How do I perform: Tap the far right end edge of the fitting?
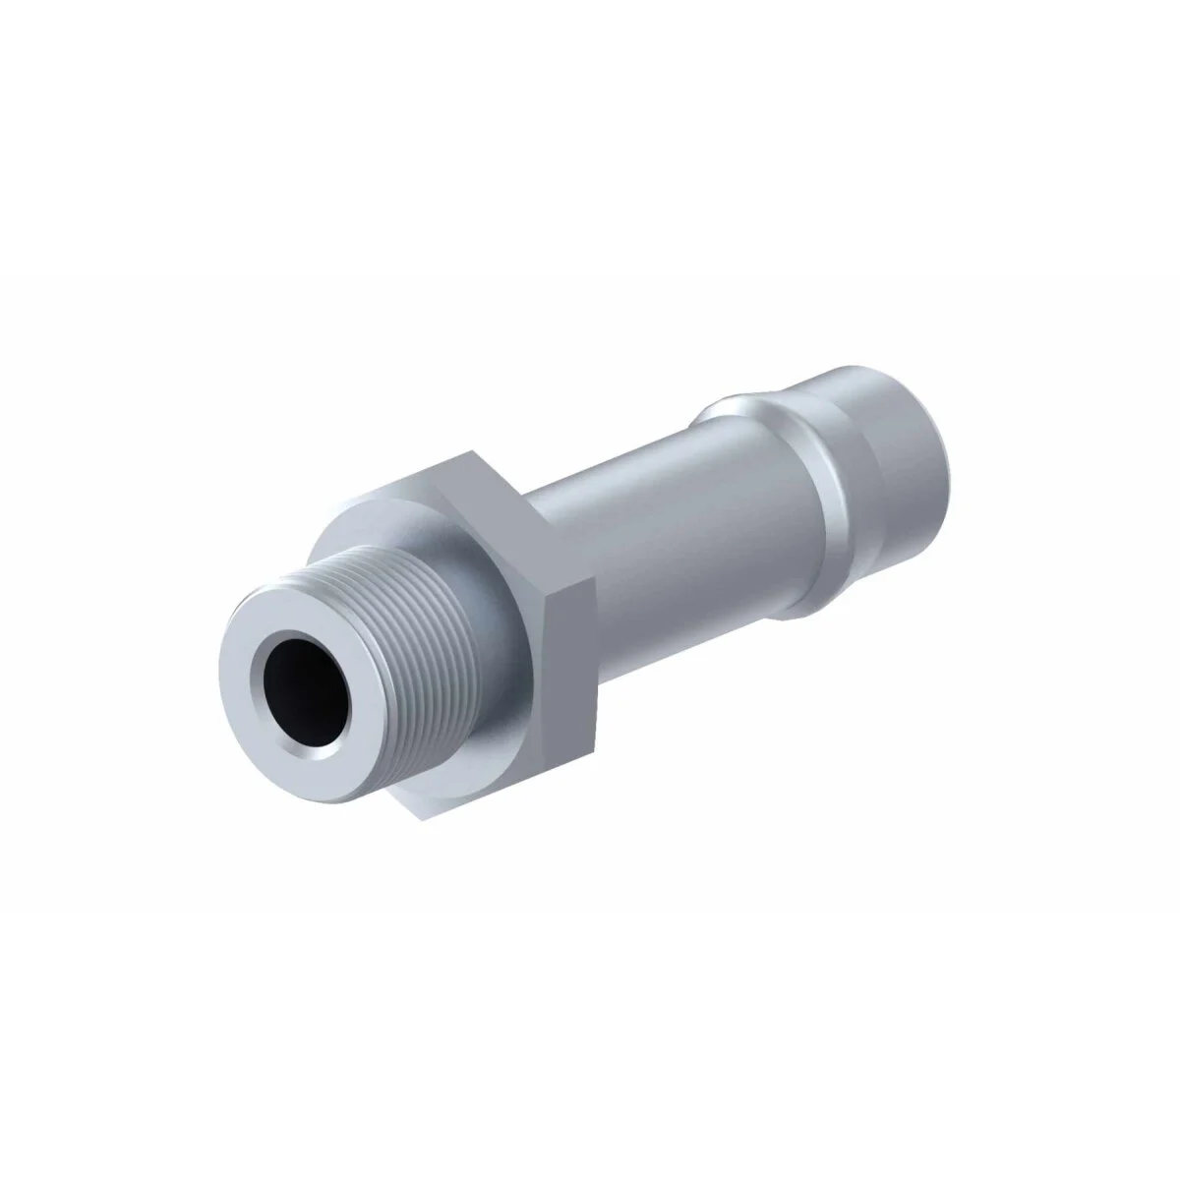point(952,472)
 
